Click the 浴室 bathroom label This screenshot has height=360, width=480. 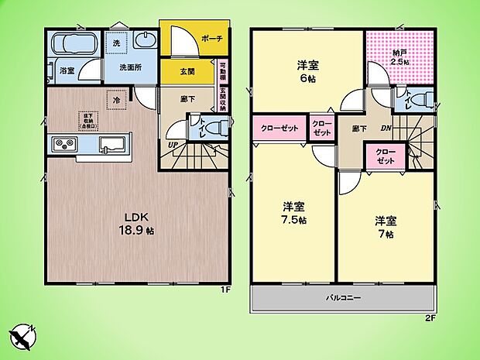pos(67,71)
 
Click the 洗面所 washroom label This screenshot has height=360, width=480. pos(130,67)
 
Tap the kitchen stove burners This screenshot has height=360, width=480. pos(63,144)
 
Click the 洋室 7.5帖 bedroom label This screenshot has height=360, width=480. pos(293,212)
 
